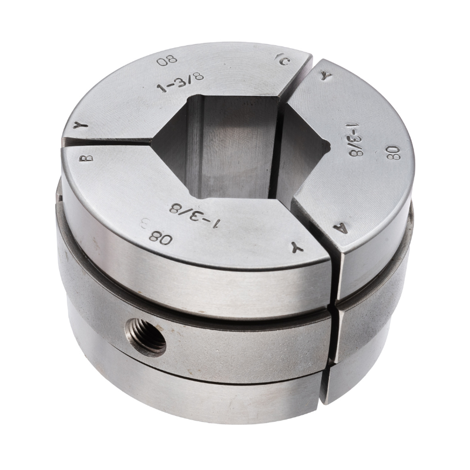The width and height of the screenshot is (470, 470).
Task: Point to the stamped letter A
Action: pyautogui.click(x=343, y=228)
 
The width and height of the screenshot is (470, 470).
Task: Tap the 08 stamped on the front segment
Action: pyautogui.click(x=161, y=237)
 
